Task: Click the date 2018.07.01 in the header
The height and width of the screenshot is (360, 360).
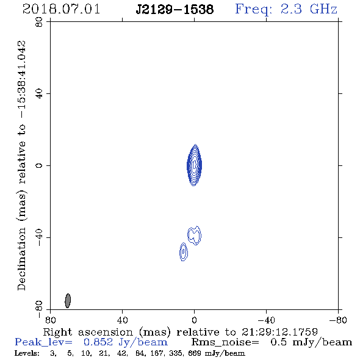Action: [x=61, y=9]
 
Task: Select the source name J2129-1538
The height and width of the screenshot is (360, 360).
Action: [x=175, y=10]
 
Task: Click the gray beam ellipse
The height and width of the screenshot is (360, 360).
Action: [x=68, y=301]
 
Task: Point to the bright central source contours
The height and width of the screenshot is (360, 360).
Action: [x=195, y=165]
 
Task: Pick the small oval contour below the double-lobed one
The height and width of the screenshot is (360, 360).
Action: [x=184, y=251]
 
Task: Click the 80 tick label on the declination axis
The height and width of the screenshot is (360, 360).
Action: [x=39, y=22]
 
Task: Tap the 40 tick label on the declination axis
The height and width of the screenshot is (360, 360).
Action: [x=39, y=94]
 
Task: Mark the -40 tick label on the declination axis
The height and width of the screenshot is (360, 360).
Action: [x=39, y=237]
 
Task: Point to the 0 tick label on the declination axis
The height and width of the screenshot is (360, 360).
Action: [x=39, y=165]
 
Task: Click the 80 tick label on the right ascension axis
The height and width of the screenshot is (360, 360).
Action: [x=51, y=320]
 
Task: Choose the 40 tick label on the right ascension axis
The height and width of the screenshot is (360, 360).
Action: [x=123, y=320]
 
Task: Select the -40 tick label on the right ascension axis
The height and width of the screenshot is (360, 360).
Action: [x=266, y=320]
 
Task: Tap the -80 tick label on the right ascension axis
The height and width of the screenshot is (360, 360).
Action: [x=338, y=320]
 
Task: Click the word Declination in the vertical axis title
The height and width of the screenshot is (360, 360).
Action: [x=21, y=259]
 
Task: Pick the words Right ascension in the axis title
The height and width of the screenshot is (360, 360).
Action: [x=88, y=332]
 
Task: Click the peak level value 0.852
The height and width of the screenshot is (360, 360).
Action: [x=98, y=342]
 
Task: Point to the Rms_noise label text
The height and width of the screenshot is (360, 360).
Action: [x=225, y=342]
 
